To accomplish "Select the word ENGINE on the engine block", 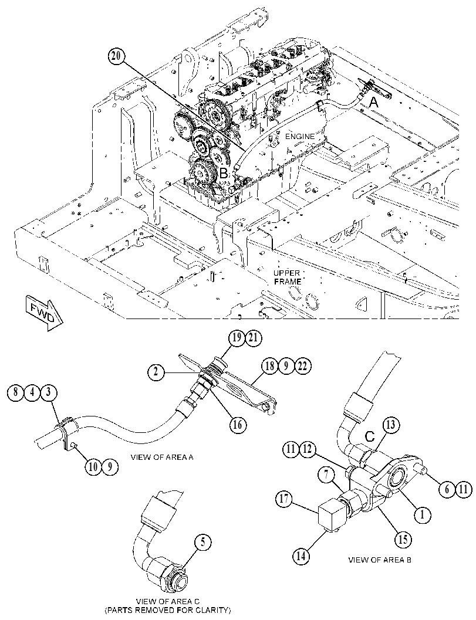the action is tap(301, 137).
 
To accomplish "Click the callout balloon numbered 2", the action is tap(157, 372).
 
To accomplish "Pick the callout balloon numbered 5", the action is tap(203, 543).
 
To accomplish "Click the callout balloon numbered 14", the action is tap(301, 556).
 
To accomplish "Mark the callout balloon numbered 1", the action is tap(422, 515).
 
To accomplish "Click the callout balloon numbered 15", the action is tap(403, 540).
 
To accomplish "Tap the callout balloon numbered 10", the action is tap(93, 467).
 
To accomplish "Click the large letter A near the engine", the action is tap(373, 103).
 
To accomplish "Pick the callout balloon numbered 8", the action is tap(16, 394).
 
